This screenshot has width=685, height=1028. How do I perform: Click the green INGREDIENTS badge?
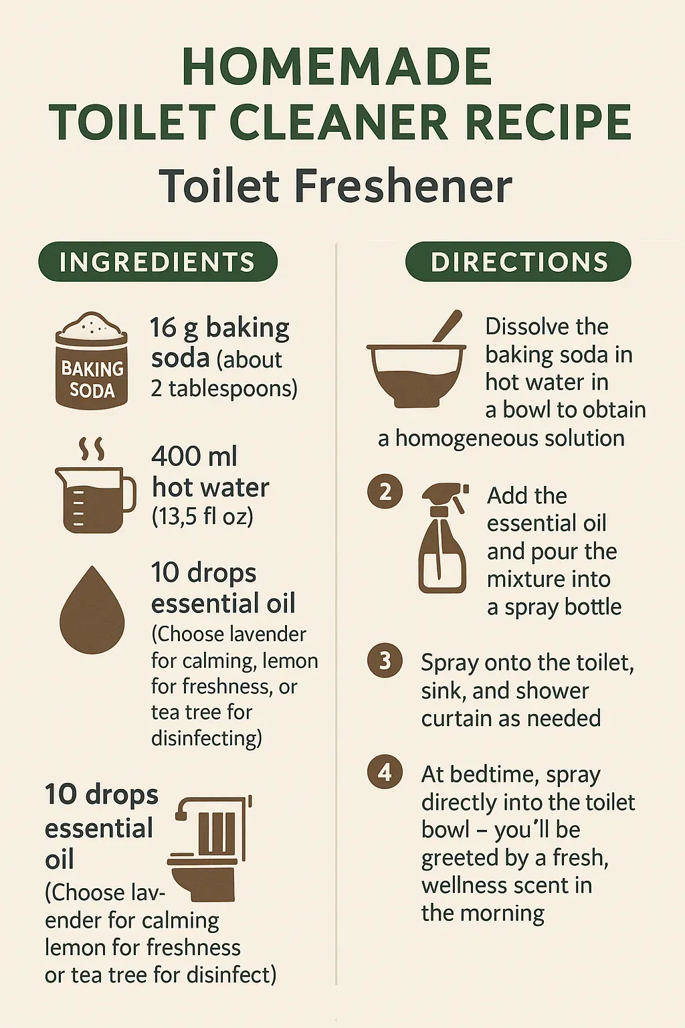coord(158,262)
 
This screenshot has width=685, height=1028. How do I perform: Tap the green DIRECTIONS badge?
coord(518,262)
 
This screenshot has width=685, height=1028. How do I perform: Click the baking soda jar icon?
coord(91,361)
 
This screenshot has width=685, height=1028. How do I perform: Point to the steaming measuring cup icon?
coord(96,485)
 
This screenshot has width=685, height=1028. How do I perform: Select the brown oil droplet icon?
coord(92,610)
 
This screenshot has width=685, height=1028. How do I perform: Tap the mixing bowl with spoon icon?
coord(416,359)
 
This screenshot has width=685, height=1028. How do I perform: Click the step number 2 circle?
coord(385,491)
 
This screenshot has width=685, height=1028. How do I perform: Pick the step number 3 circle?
coord(385,661)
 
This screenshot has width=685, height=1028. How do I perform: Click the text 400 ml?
coord(195,456)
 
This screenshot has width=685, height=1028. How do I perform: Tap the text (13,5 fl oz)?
coord(202,517)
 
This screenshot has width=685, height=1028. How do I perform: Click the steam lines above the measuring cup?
coord(92,448)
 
